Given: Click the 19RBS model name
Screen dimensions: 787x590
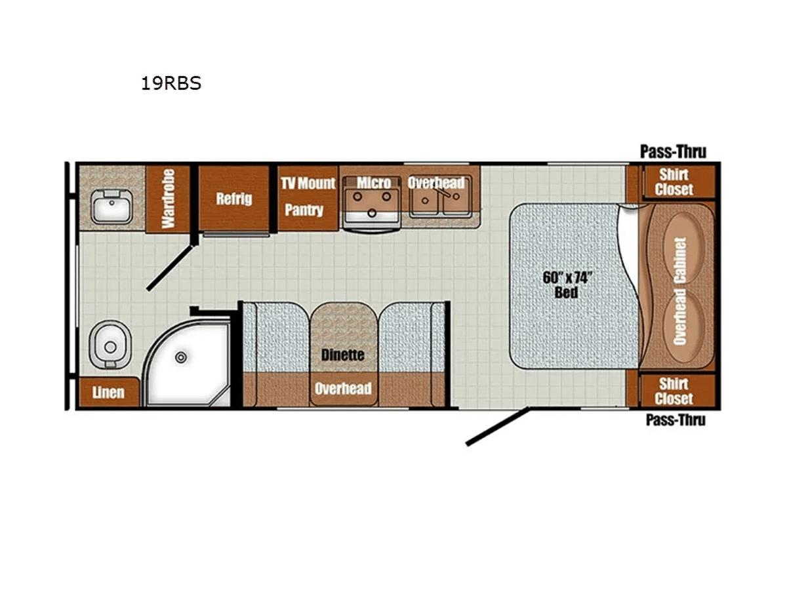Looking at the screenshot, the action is pyautogui.click(x=171, y=83).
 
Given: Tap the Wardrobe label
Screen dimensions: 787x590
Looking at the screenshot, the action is pyautogui.click(x=168, y=199).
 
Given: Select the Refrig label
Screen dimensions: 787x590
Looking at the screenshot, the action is pyautogui.click(x=234, y=199).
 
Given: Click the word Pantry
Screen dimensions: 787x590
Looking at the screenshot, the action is pyautogui.click(x=304, y=210).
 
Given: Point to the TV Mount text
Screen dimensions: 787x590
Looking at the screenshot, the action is pyautogui.click(x=308, y=183).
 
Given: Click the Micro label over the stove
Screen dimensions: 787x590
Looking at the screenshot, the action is pyautogui.click(x=373, y=183).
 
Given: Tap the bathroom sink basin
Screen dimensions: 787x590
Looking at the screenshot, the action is pyautogui.click(x=111, y=206).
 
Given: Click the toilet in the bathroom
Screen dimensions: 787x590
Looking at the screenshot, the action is pyautogui.click(x=110, y=345).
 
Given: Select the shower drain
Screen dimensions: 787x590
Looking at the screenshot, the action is pyautogui.click(x=181, y=357).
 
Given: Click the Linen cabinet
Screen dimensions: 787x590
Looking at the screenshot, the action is pyautogui.click(x=109, y=392).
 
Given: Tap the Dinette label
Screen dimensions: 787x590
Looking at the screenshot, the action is pyautogui.click(x=343, y=355).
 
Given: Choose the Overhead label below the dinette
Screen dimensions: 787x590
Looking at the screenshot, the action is pyautogui.click(x=343, y=388).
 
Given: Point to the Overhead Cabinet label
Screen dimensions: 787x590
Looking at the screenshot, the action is pyautogui.click(x=680, y=291).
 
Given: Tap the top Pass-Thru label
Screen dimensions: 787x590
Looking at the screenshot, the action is pyautogui.click(x=674, y=151).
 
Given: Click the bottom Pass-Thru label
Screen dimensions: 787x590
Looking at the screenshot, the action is pyautogui.click(x=676, y=420).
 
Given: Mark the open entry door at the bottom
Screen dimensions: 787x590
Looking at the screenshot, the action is pyautogui.click(x=497, y=426).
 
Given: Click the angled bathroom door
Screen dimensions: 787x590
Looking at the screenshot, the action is pyautogui.click(x=171, y=267).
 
